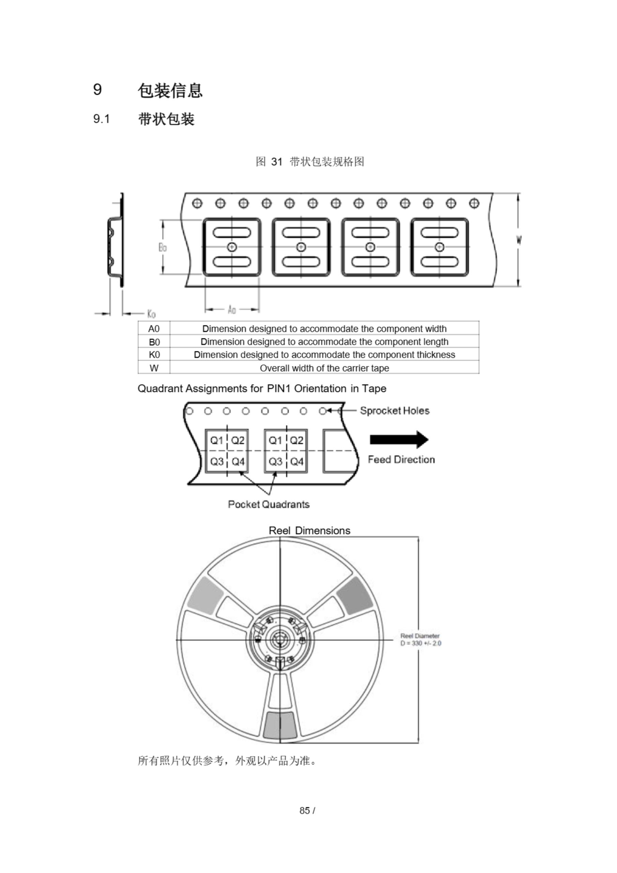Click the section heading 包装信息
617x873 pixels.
tap(170, 90)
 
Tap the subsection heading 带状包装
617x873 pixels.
tap(166, 119)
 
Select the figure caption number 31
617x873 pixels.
tap(276, 162)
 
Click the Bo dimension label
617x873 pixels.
tap(162, 248)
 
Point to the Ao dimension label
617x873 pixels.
tap(231, 310)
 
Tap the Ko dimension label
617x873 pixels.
tap(151, 314)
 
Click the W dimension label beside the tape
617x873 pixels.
tap(519, 239)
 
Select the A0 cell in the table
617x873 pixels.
tap(154, 328)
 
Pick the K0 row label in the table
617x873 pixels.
tap(154, 355)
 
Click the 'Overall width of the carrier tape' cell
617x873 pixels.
tap(324, 368)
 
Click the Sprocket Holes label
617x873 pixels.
tap(395, 411)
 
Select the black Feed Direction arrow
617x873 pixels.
tap(399, 440)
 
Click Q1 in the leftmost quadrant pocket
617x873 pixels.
tap(216, 440)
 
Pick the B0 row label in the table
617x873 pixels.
tap(154, 342)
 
